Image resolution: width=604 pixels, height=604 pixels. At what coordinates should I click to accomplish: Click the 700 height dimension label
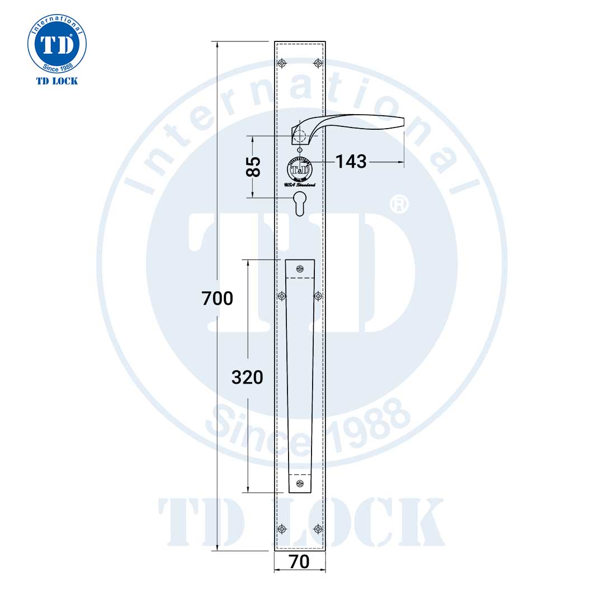[x=217, y=299]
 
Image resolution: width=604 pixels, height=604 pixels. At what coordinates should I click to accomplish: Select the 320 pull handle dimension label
[x=247, y=377]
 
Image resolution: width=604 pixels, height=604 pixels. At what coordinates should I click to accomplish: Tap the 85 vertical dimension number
[x=254, y=167]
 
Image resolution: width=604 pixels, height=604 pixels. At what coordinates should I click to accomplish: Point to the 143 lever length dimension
[x=351, y=162]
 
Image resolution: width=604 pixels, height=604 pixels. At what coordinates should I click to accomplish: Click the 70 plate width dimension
[x=300, y=561]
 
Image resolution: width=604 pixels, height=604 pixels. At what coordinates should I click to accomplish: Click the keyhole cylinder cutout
[x=300, y=204]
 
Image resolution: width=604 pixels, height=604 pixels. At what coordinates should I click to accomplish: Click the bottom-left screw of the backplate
[x=282, y=528]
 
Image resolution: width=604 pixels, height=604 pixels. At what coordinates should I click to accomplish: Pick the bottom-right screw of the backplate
[x=318, y=528]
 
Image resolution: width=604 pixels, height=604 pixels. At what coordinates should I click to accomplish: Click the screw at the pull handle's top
[x=300, y=269]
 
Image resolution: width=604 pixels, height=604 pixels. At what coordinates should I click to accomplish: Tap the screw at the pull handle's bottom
[x=300, y=483]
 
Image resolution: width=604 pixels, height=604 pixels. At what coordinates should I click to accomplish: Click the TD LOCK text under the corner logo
[x=57, y=81]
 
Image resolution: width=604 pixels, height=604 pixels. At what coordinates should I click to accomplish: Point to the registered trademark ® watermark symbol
[x=398, y=204]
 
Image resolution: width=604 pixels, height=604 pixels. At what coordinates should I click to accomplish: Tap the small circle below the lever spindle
[x=300, y=150]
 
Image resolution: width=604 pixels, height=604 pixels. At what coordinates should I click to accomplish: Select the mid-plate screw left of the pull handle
[x=282, y=296]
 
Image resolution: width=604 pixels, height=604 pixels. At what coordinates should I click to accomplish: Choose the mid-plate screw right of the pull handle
[x=318, y=296]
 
